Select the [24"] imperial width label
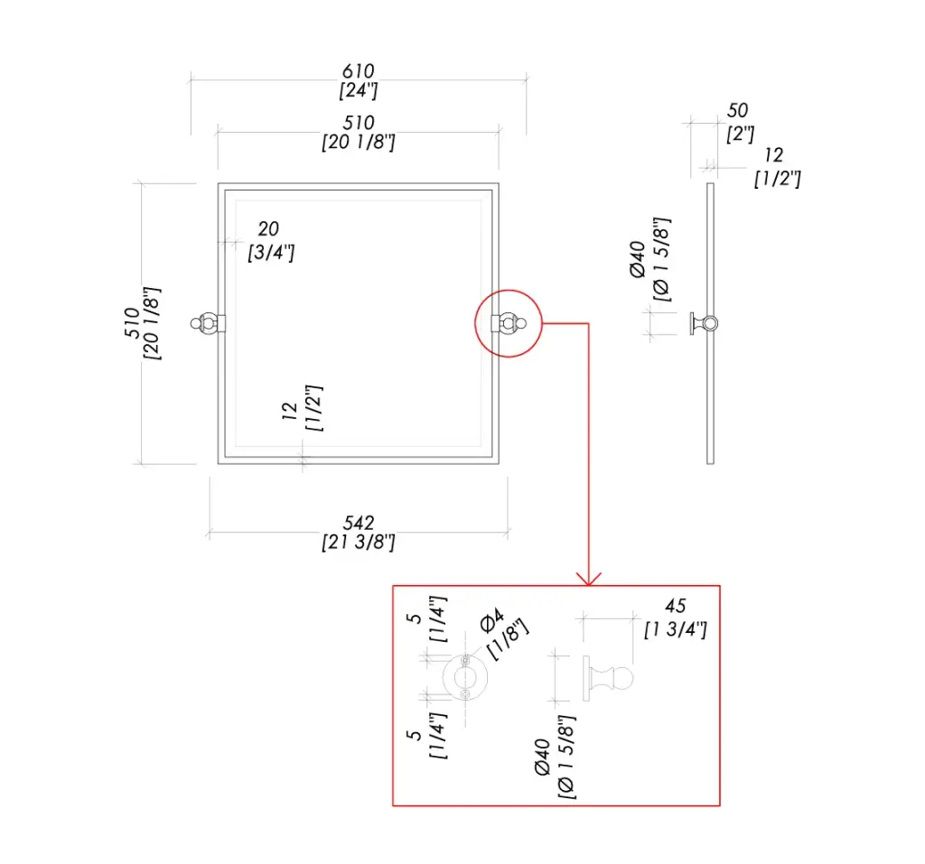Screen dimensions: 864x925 coord(358,90)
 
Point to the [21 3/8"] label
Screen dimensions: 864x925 coord(358,543)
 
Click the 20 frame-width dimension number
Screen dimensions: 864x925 coord(268,230)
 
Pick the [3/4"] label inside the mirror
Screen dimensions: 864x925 coord(271,252)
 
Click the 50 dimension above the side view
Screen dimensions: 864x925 coord(737,111)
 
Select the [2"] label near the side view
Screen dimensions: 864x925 coord(741,134)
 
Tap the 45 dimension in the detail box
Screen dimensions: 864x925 coord(675,607)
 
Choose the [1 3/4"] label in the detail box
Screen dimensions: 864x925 coord(675,629)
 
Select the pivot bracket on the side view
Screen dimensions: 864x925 coord(703,322)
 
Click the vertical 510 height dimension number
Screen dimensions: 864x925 coord(133,323)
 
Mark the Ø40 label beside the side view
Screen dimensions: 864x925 coord(637,259)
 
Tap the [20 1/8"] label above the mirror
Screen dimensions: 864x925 coord(358,143)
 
